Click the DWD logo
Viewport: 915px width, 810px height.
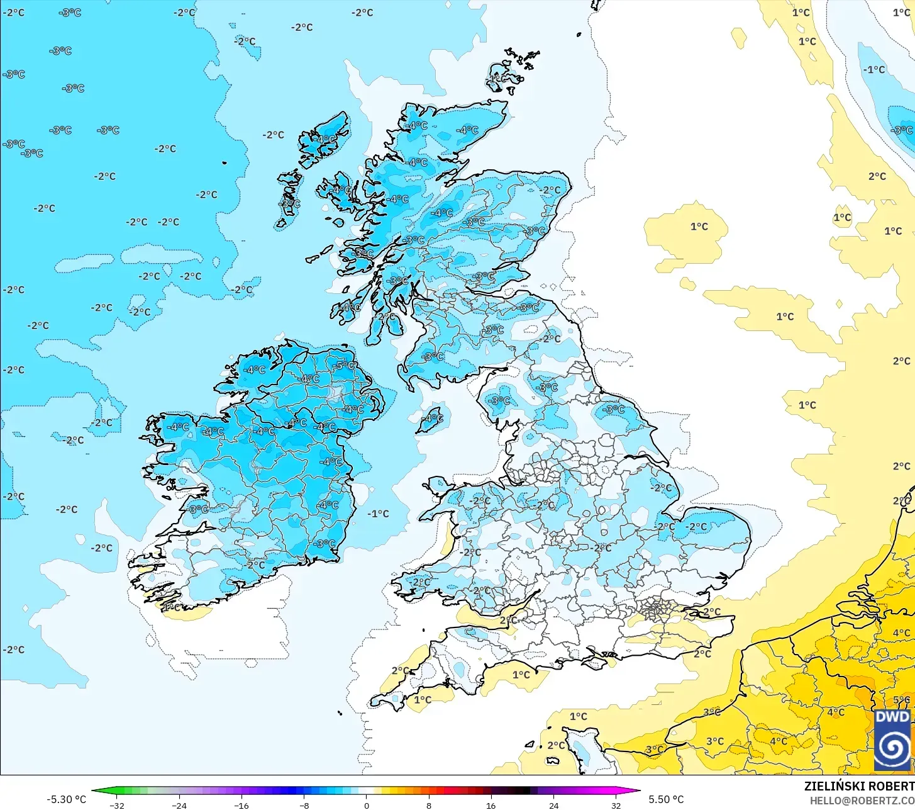pos(892,739)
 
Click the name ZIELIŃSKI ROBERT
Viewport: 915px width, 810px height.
pos(859,786)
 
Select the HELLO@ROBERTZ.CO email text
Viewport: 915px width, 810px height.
pos(862,800)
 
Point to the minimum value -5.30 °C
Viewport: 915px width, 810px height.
pos(66,799)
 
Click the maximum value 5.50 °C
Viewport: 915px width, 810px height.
pos(666,799)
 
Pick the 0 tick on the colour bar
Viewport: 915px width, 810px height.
pos(366,806)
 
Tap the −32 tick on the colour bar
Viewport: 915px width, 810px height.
pos(116,806)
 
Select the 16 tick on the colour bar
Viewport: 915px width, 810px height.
pos(491,806)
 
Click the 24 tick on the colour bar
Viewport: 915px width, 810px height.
pos(553,806)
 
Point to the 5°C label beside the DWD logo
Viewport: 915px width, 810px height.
pos(901,700)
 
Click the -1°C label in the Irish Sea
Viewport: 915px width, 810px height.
pos(378,514)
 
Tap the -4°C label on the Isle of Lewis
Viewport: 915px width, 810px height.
pos(326,139)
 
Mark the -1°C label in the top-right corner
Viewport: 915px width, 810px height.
pos(874,69)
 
